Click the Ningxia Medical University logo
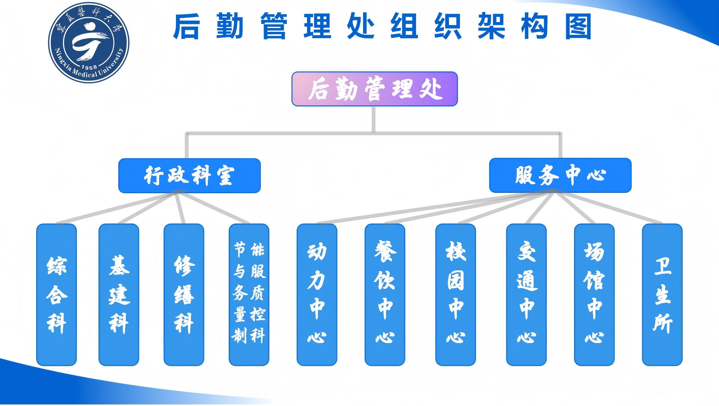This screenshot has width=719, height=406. click(x=89, y=43)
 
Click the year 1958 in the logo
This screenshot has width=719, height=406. click(x=89, y=67)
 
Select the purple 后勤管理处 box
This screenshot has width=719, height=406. click(x=374, y=89)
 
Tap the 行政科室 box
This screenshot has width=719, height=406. click(x=189, y=176)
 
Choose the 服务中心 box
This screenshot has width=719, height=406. click(x=560, y=175)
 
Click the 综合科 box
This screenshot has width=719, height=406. click(x=57, y=295)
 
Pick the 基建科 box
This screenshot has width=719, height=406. click(x=119, y=295)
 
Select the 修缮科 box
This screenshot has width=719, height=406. click(x=184, y=295)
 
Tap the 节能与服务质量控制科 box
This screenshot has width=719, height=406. click(x=249, y=295)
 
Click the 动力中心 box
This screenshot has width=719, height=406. click(x=317, y=295)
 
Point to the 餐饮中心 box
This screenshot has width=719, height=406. click(x=385, y=295)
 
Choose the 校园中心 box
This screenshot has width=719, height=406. click(x=456, y=295)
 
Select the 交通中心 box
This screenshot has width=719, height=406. click(x=527, y=295)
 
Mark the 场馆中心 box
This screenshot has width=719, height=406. click(x=594, y=295)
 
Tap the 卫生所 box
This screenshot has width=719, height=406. click(x=662, y=295)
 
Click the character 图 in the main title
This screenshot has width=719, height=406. click(x=578, y=27)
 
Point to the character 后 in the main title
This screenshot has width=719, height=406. click(x=186, y=27)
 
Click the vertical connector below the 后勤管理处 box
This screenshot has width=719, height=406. click(x=373, y=119)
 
